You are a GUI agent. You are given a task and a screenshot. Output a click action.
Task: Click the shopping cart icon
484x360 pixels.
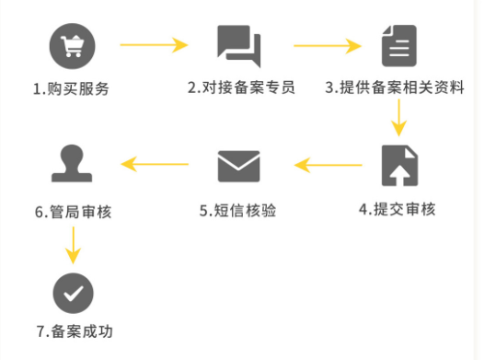72,46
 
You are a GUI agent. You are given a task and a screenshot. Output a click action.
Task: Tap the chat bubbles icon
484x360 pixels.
239,46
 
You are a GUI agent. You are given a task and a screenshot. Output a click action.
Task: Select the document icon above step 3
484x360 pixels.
399,46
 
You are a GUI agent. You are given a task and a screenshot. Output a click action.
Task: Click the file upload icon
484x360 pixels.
399,166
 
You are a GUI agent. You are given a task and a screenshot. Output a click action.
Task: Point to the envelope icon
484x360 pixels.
239,166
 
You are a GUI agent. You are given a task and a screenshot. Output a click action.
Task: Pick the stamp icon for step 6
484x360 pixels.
72,163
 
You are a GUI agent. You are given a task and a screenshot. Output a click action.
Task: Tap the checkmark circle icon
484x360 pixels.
74,293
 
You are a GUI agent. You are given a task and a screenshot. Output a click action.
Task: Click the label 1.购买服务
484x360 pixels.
71,89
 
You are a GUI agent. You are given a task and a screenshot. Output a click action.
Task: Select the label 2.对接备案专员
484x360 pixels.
241,87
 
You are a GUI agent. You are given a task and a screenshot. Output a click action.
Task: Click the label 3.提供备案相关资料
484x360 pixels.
395,87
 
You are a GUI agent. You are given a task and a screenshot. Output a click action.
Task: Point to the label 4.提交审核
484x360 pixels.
397,209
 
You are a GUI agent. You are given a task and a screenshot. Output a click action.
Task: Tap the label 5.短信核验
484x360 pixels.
237,211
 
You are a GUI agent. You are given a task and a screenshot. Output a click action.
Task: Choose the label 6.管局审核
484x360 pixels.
74,212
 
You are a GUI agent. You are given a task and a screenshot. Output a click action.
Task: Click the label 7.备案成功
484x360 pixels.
75,331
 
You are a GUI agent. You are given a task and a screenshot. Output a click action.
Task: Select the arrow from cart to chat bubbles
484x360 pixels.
154,45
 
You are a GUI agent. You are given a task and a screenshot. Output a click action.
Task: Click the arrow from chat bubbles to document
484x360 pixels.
328,46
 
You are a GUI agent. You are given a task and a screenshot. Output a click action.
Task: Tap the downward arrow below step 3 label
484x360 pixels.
398,118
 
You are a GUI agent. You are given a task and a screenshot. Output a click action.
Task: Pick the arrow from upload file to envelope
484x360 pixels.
328,165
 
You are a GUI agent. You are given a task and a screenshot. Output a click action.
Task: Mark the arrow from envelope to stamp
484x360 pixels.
155,164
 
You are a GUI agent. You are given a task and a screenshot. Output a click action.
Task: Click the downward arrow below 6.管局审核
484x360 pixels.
74,246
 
